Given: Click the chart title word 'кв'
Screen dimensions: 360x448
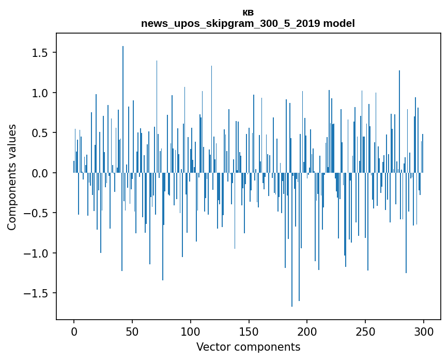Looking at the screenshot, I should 248,13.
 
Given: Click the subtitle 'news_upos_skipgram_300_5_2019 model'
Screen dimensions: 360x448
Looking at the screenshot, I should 248,23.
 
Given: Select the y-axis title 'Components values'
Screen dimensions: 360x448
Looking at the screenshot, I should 12,177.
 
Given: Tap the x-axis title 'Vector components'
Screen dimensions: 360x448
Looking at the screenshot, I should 248,347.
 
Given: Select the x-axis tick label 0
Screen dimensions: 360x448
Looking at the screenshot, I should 74,331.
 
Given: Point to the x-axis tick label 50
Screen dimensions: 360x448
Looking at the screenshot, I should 132,331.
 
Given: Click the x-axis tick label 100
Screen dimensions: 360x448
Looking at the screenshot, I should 191,331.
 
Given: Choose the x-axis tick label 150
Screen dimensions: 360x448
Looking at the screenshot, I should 249,331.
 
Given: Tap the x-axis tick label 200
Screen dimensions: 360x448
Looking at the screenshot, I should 307,331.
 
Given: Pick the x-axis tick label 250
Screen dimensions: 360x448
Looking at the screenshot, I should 366,331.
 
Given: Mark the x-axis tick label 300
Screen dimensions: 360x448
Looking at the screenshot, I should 424,331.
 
